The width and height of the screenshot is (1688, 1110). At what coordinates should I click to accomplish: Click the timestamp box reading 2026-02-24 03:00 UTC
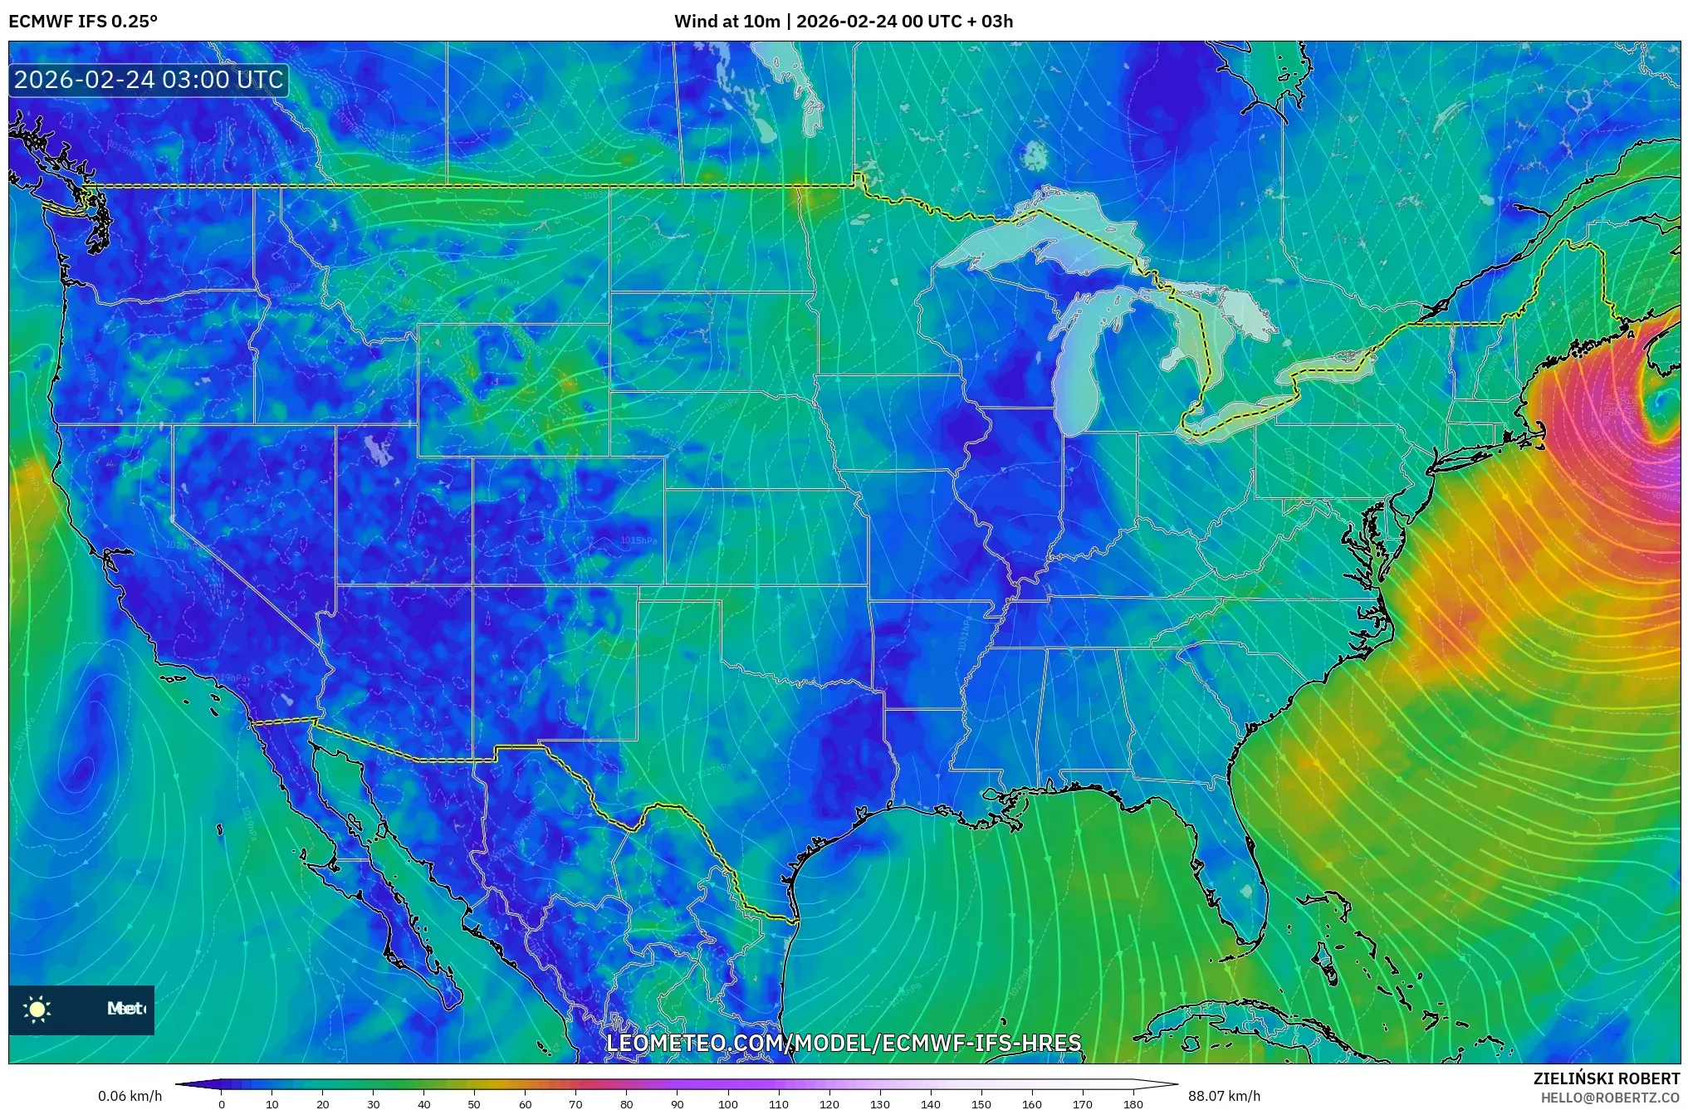pos(149,80)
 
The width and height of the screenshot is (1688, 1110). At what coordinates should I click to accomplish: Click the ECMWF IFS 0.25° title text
pos(82,22)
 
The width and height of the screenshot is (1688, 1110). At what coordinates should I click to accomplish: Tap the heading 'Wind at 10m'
pos(727,22)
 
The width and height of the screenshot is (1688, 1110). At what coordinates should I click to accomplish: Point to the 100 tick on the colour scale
pos(727,1103)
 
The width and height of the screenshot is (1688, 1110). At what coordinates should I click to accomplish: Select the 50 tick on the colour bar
pos(474,1103)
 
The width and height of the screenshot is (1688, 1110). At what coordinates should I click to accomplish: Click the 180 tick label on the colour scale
pos(1133,1103)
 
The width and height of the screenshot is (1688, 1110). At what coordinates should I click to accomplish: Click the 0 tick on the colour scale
pos(221,1103)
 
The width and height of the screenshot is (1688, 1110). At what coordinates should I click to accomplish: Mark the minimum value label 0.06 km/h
pos(130,1096)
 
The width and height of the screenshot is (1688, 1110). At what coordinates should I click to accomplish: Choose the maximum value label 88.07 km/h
pos(1224,1096)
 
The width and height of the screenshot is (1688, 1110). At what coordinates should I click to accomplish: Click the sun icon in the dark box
pos(37,1009)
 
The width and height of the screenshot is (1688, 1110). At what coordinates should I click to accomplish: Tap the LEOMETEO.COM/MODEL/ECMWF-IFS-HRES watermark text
pos(844,1043)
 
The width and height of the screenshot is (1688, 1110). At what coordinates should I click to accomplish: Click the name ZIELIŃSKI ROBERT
pos(1606,1078)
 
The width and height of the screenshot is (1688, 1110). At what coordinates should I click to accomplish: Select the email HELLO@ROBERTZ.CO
pos(1610,1098)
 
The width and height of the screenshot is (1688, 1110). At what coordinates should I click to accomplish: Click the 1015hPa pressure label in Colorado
pos(639,540)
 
